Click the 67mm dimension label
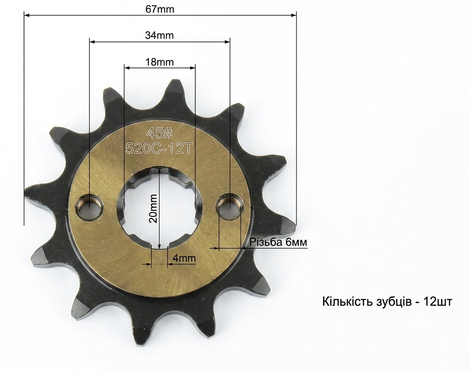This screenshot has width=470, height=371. pos(160,9)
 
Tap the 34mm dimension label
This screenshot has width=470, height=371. pos(160,35)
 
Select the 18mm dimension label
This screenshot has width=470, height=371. pos(160,62)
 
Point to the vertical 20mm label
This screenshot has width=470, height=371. pos(153,208)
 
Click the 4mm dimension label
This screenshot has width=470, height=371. pos(184,258)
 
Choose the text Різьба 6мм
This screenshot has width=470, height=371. pos(278,242)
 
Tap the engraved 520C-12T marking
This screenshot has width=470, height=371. pos(158,148)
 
